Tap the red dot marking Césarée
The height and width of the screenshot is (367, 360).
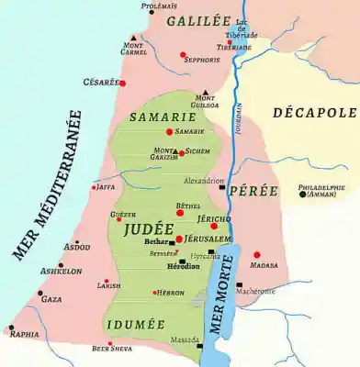coord(122,83)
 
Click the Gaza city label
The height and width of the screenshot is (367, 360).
coord(52,299)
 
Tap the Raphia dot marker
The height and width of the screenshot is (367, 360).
coord(12,327)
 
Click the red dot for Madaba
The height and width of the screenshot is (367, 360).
coord(256,254)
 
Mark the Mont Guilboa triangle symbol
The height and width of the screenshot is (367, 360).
coord(206,92)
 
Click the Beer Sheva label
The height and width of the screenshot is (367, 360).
coord(112,348)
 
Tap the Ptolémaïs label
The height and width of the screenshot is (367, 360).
coord(159,6)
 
